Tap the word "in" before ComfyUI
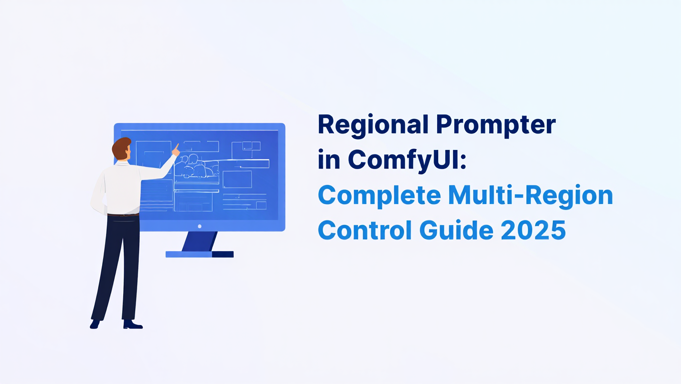click(328, 160)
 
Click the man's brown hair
click(121, 147)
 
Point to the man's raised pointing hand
click(175, 149)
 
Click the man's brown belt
click(123, 214)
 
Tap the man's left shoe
click(95, 324)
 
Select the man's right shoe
click(133, 325)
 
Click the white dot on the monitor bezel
click(199, 226)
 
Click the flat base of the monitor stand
click(199, 254)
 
